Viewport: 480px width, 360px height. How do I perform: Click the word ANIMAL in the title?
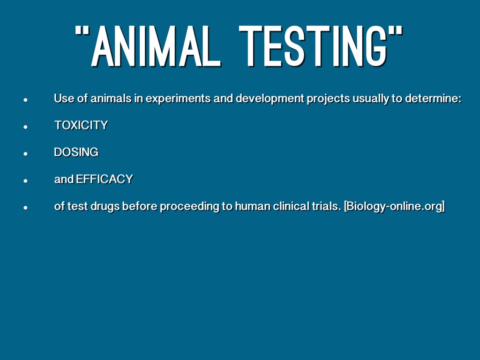[x=156, y=46]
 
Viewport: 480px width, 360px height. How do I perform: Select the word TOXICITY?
[x=81, y=125]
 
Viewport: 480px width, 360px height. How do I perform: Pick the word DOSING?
[x=76, y=152]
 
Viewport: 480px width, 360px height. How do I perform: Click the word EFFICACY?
[x=105, y=179]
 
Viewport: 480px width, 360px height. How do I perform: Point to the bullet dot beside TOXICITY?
[x=25, y=127]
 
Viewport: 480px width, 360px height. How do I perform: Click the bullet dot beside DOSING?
[x=25, y=154]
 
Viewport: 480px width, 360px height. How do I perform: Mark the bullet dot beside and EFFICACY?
[x=25, y=180]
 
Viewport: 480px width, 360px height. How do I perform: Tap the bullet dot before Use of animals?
[x=25, y=100]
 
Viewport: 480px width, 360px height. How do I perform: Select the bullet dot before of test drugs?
[x=25, y=208]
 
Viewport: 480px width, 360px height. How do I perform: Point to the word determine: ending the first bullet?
[x=433, y=98]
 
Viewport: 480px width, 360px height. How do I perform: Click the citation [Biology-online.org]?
[x=394, y=207]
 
